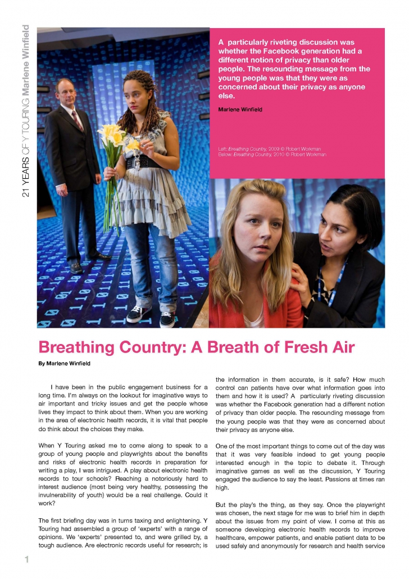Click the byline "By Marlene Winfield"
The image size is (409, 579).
[64, 364]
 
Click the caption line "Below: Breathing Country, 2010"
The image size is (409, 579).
[272, 154]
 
